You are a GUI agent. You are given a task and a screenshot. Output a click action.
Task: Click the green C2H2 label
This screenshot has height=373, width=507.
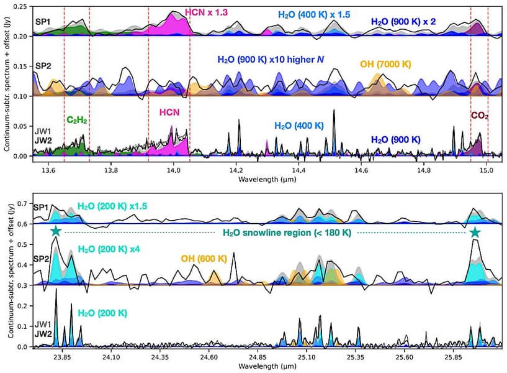(76, 119)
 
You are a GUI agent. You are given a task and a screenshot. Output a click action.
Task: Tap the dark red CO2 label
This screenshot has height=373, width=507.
(479, 115)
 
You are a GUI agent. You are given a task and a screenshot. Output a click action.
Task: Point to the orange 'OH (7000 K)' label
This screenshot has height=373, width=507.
(385, 63)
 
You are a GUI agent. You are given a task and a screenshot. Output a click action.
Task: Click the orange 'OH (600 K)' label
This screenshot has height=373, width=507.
(203, 258)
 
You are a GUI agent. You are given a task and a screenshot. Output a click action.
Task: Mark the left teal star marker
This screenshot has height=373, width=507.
(55, 231)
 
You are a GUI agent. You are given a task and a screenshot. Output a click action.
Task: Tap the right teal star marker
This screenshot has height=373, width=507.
(475, 232)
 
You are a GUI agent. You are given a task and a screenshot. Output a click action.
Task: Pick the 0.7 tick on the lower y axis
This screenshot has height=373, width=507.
(22, 203)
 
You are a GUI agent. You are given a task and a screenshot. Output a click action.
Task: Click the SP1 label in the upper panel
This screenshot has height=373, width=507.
(43, 22)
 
